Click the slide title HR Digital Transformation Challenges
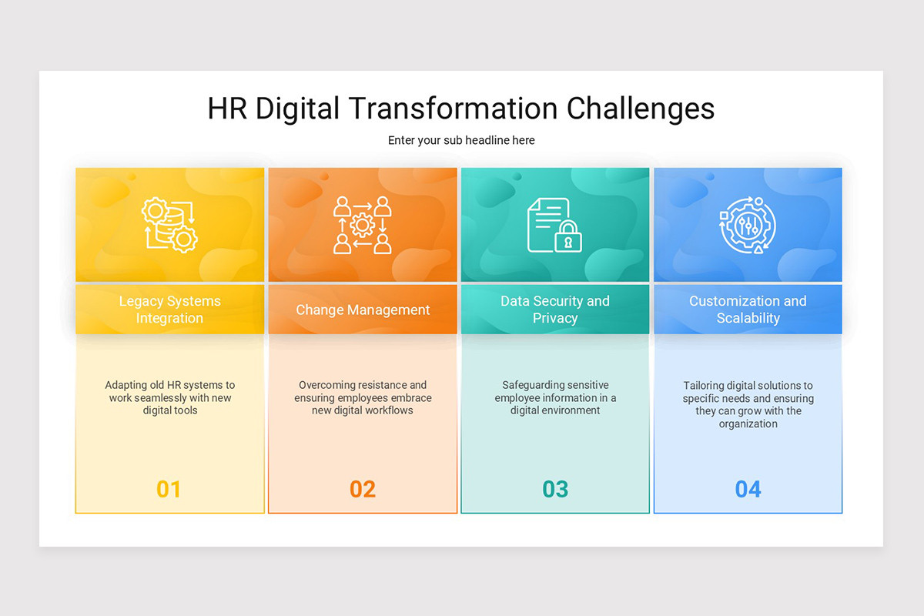coord(460,109)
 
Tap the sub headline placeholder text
coord(461,140)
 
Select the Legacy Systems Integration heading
coord(169,310)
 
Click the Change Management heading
coord(363,310)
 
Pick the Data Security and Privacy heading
coord(554,310)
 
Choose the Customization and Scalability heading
coord(748,310)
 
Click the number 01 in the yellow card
coord(169,489)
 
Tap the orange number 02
coord(363,489)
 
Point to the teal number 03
coord(555,489)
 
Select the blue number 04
coord(748,489)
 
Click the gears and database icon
coord(170,225)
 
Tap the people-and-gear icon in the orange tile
coord(363,225)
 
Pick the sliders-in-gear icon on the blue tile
coord(747,225)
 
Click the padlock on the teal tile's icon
coord(568,238)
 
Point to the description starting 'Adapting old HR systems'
coord(169,397)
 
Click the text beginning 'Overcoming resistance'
coord(363,397)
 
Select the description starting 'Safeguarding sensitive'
coord(555,397)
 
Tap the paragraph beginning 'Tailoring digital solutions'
coord(748,404)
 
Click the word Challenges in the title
coord(641,109)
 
